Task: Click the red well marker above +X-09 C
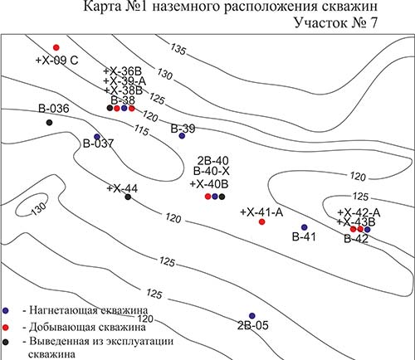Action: [x=56, y=47]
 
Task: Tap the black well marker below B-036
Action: [x=49, y=122]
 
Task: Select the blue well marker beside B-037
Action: [x=97, y=137]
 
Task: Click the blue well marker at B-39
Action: [x=182, y=136]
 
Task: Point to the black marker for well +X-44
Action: [x=128, y=197]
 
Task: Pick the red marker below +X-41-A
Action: [x=261, y=221]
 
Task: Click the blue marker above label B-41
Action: [x=304, y=227]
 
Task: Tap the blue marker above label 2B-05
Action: [x=251, y=315]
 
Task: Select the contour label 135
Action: [x=178, y=49]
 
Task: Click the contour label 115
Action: [x=142, y=130]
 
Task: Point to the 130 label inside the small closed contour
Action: [x=39, y=209]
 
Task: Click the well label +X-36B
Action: [x=123, y=71]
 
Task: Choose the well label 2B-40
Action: [x=213, y=161]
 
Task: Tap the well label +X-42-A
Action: [x=359, y=212]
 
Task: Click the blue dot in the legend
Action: [x=6, y=310]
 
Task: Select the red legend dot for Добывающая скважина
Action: [x=6, y=328]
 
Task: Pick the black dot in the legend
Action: [x=6, y=342]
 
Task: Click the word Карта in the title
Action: [x=102, y=7]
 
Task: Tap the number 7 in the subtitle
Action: [x=373, y=22]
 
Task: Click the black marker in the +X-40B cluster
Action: [x=222, y=197]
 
